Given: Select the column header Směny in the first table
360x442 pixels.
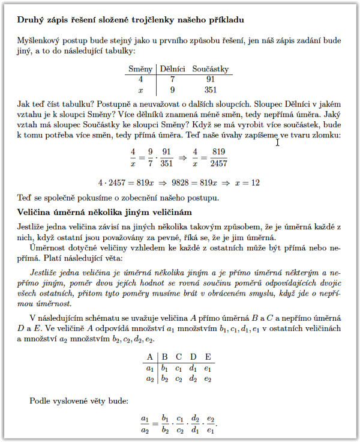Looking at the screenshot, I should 140,69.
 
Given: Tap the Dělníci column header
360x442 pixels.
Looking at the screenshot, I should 172,69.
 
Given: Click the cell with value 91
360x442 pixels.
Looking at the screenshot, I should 211,79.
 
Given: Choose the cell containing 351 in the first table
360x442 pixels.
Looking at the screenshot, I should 211,90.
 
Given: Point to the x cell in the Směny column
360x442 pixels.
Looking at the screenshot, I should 140,90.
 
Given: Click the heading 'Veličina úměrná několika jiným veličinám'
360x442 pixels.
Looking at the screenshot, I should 104,211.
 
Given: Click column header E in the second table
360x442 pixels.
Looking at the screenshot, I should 208,356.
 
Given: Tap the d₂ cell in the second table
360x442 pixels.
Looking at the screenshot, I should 193,378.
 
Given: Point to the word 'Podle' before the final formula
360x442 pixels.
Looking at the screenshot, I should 40,401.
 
